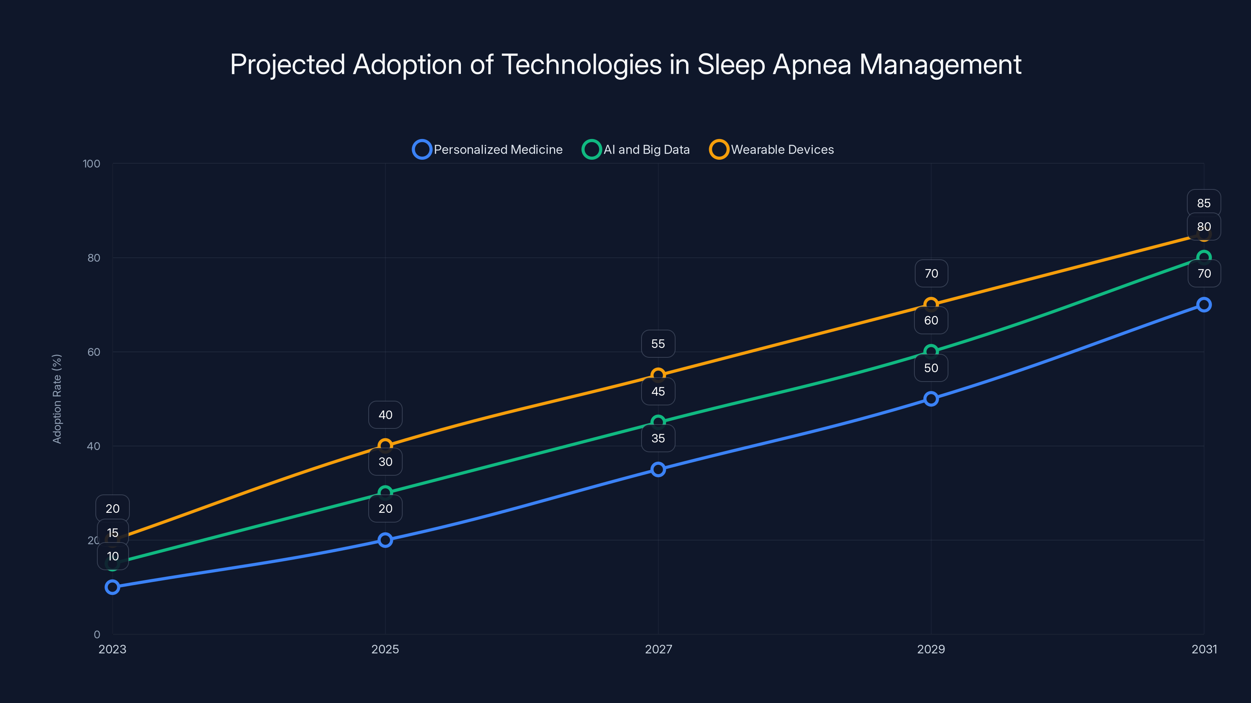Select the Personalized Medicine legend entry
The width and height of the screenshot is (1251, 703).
487,150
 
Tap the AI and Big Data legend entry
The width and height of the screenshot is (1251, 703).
636,150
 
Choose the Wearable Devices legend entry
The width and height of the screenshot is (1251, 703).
771,150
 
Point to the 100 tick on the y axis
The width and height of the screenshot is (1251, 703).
91,164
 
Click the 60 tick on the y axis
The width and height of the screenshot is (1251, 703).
94,352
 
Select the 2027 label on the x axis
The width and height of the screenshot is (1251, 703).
658,649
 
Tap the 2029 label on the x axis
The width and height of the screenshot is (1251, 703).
930,649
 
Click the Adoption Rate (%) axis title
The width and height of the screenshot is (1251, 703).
57,399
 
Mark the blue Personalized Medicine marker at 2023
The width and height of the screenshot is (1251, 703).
112,587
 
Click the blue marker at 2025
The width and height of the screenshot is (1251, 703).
385,540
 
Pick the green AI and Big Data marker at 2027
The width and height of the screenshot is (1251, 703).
658,422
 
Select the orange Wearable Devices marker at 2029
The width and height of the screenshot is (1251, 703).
930,305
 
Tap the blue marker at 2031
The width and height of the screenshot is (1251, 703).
1203,305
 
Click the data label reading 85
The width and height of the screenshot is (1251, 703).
1203,203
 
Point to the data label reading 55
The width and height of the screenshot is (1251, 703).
658,344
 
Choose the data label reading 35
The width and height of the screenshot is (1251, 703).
658,439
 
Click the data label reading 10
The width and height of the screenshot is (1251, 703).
113,557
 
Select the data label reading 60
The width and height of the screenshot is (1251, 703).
930,321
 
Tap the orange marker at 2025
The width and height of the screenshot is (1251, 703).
385,445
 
